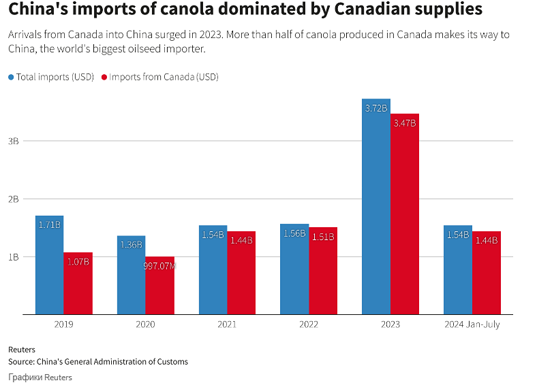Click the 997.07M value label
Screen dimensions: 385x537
coord(159,266)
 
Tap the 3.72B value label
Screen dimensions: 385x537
coord(376,108)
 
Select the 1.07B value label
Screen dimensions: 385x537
coord(78,262)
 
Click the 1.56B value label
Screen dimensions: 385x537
coord(294,233)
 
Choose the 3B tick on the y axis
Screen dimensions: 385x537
coord(13,141)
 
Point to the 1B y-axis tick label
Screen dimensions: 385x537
coord(13,256)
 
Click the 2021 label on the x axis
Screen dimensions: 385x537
coord(227,324)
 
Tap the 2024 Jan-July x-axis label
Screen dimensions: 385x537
coord(472,324)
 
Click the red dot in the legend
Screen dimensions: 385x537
coord(104,77)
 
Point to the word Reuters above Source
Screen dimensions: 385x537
coord(22,350)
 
